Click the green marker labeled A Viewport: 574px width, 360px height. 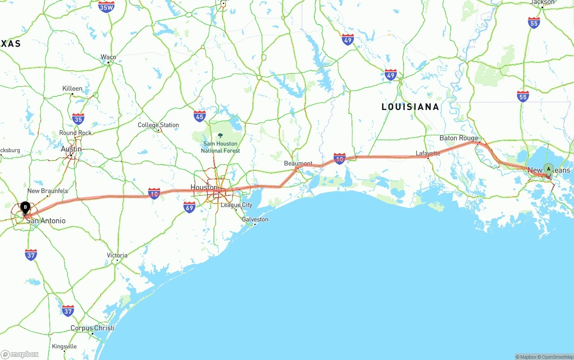(548, 169)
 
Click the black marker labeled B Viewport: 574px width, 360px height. (26, 208)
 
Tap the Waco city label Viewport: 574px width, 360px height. (108, 57)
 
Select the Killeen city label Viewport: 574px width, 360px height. (72, 88)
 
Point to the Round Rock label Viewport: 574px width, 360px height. (75, 133)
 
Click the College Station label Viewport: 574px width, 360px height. (158, 125)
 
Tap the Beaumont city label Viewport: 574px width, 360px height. (298, 163)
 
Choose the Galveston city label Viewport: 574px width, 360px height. (255, 219)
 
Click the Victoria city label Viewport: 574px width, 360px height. (117, 255)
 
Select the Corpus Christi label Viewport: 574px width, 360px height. (92, 328)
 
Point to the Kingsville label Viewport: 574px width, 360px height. (64, 346)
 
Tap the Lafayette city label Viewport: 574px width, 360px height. (428, 153)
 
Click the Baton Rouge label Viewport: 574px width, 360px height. (459, 138)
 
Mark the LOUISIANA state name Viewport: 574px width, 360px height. (410, 107)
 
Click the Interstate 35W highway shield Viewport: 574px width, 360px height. (106, 7)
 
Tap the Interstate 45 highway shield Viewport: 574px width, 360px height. (200, 117)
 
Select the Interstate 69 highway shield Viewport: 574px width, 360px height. (190, 207)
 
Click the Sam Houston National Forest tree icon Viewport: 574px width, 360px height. (220, 135)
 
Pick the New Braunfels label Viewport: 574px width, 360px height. (48, 191)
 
